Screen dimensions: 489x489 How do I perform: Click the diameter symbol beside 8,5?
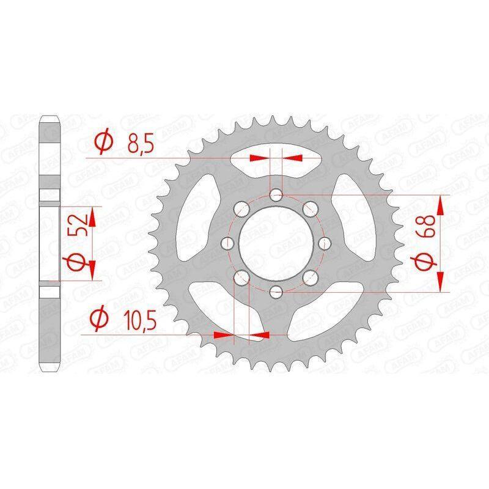pos(104,141)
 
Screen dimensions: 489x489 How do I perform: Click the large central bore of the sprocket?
pos(276,243)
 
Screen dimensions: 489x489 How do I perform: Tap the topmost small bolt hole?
pos(276,196)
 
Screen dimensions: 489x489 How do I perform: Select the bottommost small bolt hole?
pos(276,292)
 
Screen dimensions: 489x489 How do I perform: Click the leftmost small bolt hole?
pos(227,243)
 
